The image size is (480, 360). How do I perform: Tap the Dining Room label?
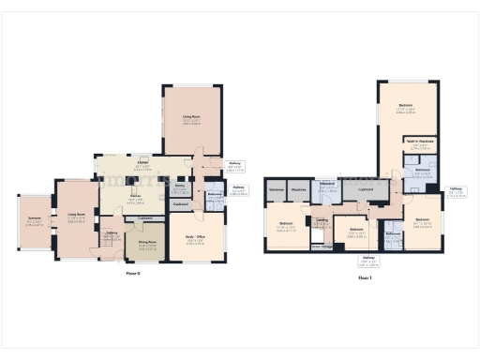[x=147, y=243]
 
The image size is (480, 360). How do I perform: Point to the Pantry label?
[x=178, y=187]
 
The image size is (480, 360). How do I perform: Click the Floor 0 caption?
[x=133, y=274]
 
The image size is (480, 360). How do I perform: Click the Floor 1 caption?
[x=362, y=277]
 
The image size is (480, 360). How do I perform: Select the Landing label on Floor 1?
[x=322, y=220]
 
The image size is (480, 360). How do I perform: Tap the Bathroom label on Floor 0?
[x=215, y=194]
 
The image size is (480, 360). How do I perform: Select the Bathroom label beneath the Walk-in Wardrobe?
[x=422, y=171]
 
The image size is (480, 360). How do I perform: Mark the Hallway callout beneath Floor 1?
[x=370, y=262]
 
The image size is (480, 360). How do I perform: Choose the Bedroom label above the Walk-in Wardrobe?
[x=405, y=105]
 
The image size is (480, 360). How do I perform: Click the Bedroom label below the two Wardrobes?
[x=287, y=227]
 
